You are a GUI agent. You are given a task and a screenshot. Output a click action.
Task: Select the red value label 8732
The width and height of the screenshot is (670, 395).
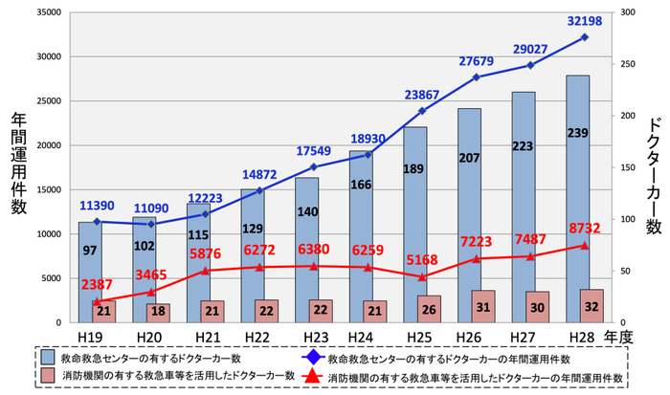(x=586, y=230)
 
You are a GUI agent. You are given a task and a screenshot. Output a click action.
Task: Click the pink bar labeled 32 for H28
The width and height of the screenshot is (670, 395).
(x=592, y=306)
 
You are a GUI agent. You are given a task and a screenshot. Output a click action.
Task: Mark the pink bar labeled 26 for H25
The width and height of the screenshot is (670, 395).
(x=430, y=309)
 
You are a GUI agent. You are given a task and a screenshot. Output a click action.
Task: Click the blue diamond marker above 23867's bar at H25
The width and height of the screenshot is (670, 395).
(x=423, y=111)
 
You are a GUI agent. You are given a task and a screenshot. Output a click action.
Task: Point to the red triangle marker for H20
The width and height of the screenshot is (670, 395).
(x=152, y=292)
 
